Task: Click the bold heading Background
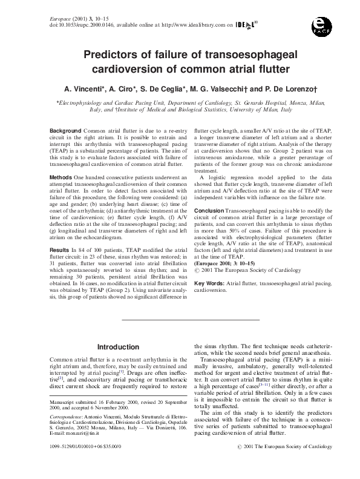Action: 65,131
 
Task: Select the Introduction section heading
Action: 119,347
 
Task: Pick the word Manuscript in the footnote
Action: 62,401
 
